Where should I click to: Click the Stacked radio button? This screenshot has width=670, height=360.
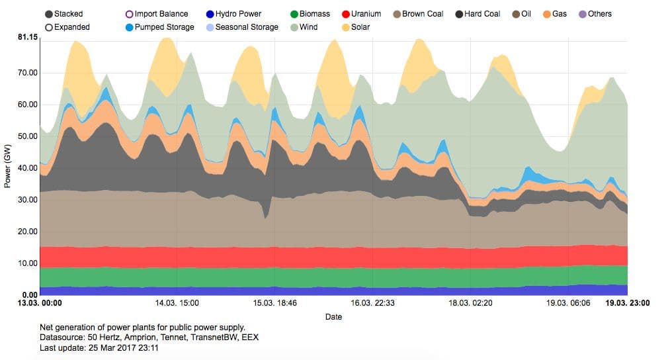(x=50, y=14)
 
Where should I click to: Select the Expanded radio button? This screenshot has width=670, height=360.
(x=50, y=27)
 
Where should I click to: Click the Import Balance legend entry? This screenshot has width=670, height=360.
(x=129, y=14)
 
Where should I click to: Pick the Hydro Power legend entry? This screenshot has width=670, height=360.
(x=210, y=14)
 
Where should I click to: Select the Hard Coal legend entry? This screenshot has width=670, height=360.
(x=460, y=14)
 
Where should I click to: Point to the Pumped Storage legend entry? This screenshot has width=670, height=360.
(x=129, y=27)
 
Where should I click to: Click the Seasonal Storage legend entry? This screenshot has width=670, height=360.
(x=210, y=27)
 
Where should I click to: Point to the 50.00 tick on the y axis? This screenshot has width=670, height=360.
(x=28, y=136)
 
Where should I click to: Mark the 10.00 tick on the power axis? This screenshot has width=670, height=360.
(x=28, y=263)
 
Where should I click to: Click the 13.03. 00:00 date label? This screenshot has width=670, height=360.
(x=39, y=304)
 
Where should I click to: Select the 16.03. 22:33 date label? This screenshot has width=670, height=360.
(x=372, y=304)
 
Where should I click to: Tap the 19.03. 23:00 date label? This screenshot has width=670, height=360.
(x=628, y=304)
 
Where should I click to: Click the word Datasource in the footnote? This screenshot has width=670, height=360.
(x=61, y=337)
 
